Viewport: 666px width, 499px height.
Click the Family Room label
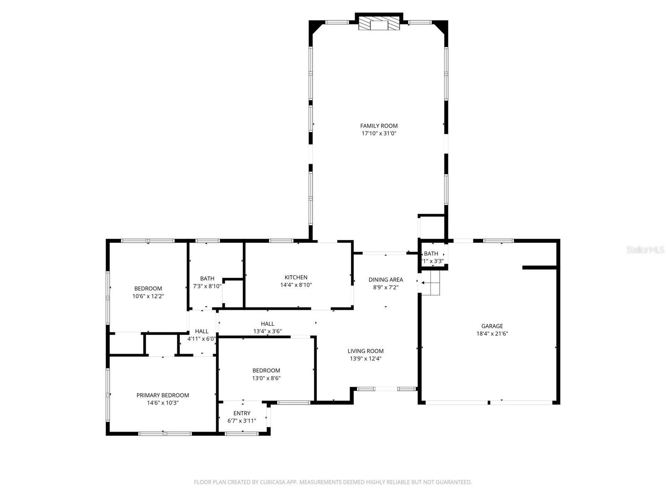click(x=379, y=126)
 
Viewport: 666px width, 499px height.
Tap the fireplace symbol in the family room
click(x=379, y=24)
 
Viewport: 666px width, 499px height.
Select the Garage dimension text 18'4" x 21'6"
click(x=492, y=333)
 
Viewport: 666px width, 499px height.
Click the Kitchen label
click(x=296, y=277)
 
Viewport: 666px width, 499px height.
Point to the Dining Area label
click(x=385, y=280)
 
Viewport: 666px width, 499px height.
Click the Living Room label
click(x=365, y=351)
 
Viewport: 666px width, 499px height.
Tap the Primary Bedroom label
click(x=163, y=395)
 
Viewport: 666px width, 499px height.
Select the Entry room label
click(x=242, y=413)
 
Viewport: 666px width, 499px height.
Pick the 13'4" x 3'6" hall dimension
click(x=268, y=331)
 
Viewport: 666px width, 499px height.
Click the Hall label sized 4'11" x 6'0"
click(x=201, y=331)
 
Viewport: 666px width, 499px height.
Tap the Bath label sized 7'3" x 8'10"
click(x=207, y=279)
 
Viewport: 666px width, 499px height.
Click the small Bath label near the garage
click(x=431, y=254)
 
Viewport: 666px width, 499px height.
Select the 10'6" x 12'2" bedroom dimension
click(x=148, y=296)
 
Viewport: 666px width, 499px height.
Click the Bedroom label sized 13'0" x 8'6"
click(x=266, y=371)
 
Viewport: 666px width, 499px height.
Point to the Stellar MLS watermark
click(x=645, y=250)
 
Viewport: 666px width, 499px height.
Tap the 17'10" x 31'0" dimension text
click(x=379, y=133)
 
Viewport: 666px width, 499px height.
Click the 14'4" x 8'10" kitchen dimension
click(x=296, y=285)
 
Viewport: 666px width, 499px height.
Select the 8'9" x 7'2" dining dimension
click(x=385, y=287)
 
